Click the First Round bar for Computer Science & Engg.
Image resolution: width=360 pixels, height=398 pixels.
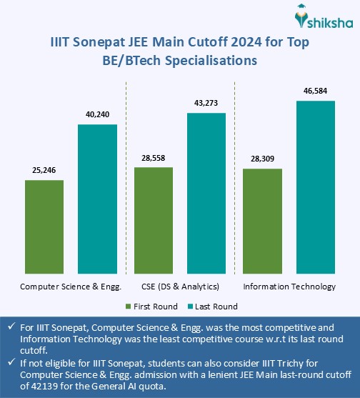44,226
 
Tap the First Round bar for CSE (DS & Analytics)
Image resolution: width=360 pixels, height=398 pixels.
154,220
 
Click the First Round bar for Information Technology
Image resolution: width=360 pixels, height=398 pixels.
262,221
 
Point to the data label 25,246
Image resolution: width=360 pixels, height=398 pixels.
44,171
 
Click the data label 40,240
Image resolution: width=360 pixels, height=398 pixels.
97,115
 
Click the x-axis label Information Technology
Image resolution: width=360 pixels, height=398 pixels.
289,287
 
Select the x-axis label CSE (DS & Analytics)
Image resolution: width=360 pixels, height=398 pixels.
180,287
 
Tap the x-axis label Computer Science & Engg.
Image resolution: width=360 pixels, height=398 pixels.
71,287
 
